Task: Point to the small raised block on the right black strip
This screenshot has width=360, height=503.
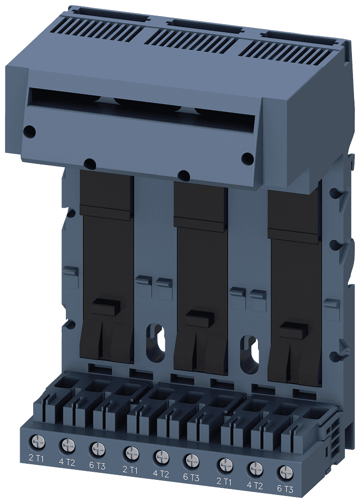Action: tap(293, 329)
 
